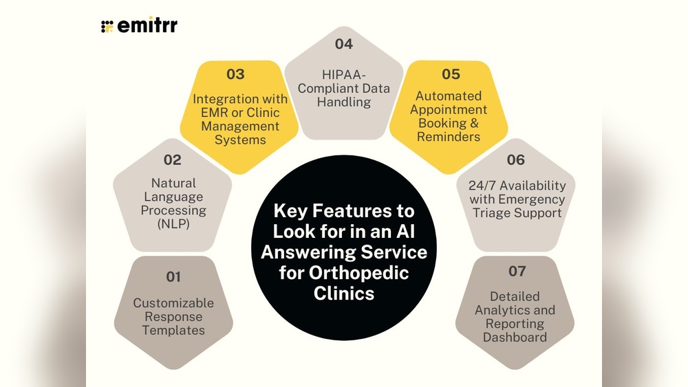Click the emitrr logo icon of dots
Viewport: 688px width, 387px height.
tap(107, 27)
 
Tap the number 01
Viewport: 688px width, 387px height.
tap(173, 277)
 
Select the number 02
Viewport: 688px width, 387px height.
tap(173, 160)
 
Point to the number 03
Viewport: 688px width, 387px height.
tap(235, 74)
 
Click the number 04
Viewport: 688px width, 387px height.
tap(344, 45)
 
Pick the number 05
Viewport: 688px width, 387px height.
tap(451, 74)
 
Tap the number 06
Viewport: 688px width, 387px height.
tap(515, 160)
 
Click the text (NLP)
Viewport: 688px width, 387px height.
tap(174, 224)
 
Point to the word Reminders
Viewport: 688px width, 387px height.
tap(449, 137)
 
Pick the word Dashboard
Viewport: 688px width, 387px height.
tap(515, 338)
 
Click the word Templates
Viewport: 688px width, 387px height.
tap(174, 331)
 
